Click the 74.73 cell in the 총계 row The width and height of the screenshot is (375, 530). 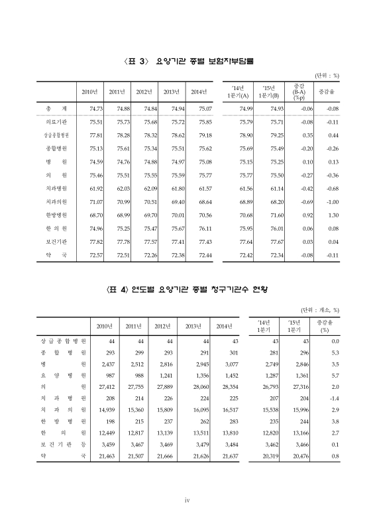[91, 108]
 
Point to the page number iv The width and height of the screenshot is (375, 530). [187, 500]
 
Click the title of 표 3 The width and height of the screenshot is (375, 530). [188, 61]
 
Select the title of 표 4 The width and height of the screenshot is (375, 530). [188, 290]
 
